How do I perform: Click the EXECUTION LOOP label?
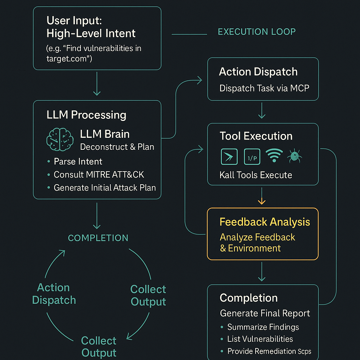click(257, 32)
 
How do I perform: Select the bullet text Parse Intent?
click(78, 162)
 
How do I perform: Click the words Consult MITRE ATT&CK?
click(99, 175)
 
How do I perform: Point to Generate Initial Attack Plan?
click(104, 188)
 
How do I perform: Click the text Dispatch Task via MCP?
click(264, 88)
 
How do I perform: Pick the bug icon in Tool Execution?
click(295, 156)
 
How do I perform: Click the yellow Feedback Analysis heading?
click(265, 222)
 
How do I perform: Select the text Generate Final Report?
click(265, 313)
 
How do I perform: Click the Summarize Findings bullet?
click(263, 327)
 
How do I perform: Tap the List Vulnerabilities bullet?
click(260, 339)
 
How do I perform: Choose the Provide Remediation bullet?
click(269, 351)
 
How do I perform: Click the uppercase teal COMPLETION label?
click(98, 238)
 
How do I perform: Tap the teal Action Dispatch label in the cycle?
click(54, 294)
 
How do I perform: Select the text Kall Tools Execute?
click(256, 175)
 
